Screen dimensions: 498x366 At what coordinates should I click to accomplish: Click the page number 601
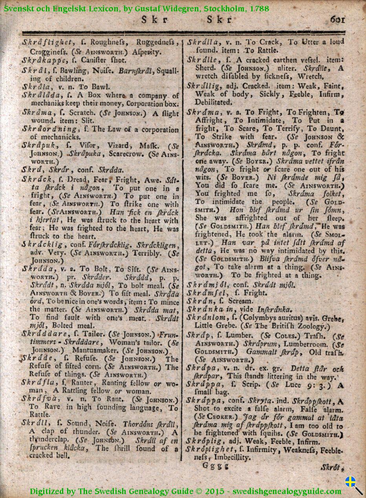tap(337, 19)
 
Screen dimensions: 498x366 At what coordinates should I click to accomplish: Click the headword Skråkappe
tap(41, 60)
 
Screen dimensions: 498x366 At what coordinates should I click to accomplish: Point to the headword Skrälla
tap(204, 42)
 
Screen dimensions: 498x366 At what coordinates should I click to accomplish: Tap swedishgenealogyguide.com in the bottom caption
tap(287, 491)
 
